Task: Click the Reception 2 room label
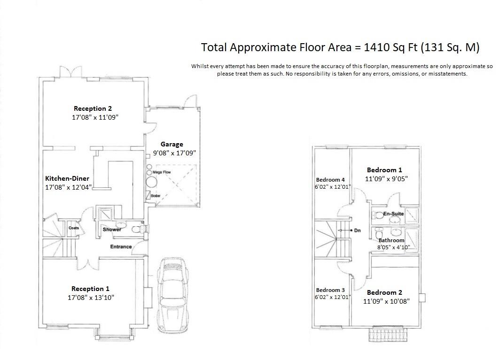tap(93, 108)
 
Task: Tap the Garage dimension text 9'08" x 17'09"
tap(174, 153)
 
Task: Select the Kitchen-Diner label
tap(67, 178)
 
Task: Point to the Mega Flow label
tap(162, 172)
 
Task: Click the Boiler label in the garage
tap(156, 196)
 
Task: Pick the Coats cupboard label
tap(74, 228)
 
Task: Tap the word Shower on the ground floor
tap(112, 230)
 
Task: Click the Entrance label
tap(121, 246)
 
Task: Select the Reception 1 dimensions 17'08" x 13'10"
tap(91, 298)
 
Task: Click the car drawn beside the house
tap(173, 295)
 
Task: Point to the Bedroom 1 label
tap(384, 170)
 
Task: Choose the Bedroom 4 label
tap(330, 180)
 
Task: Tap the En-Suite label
tap(394, 214)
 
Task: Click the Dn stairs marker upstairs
tap(358, 230)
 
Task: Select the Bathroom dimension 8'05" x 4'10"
tap(394, 247)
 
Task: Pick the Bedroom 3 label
tap(330, 290)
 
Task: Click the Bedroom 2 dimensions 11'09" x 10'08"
tap(386, 301)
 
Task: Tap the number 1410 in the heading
tap(377, 47)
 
